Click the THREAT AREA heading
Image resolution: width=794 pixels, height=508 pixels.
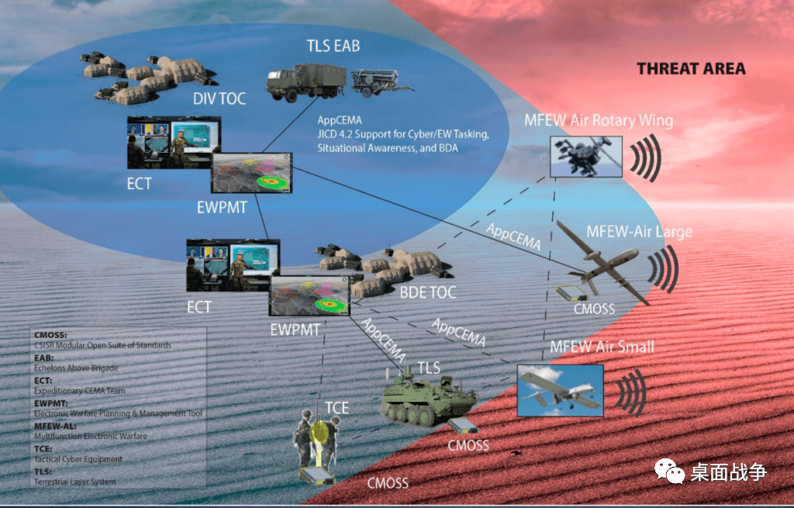tap(691, 69)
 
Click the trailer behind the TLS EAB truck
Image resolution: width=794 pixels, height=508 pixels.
tap(375, 81)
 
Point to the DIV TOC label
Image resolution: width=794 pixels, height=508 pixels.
tap(219, 98)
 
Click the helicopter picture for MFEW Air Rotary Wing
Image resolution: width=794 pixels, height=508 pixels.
tap(585, 157)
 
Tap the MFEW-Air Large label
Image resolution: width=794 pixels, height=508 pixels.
tap(639, 231)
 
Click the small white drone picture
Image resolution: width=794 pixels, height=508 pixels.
tap(560, 387)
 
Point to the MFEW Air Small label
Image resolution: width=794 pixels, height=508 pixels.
tap(602, 346)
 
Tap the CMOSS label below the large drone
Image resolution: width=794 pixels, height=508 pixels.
tap(594, 309)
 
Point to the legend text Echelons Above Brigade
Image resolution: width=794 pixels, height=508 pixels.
tap(71, 368)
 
